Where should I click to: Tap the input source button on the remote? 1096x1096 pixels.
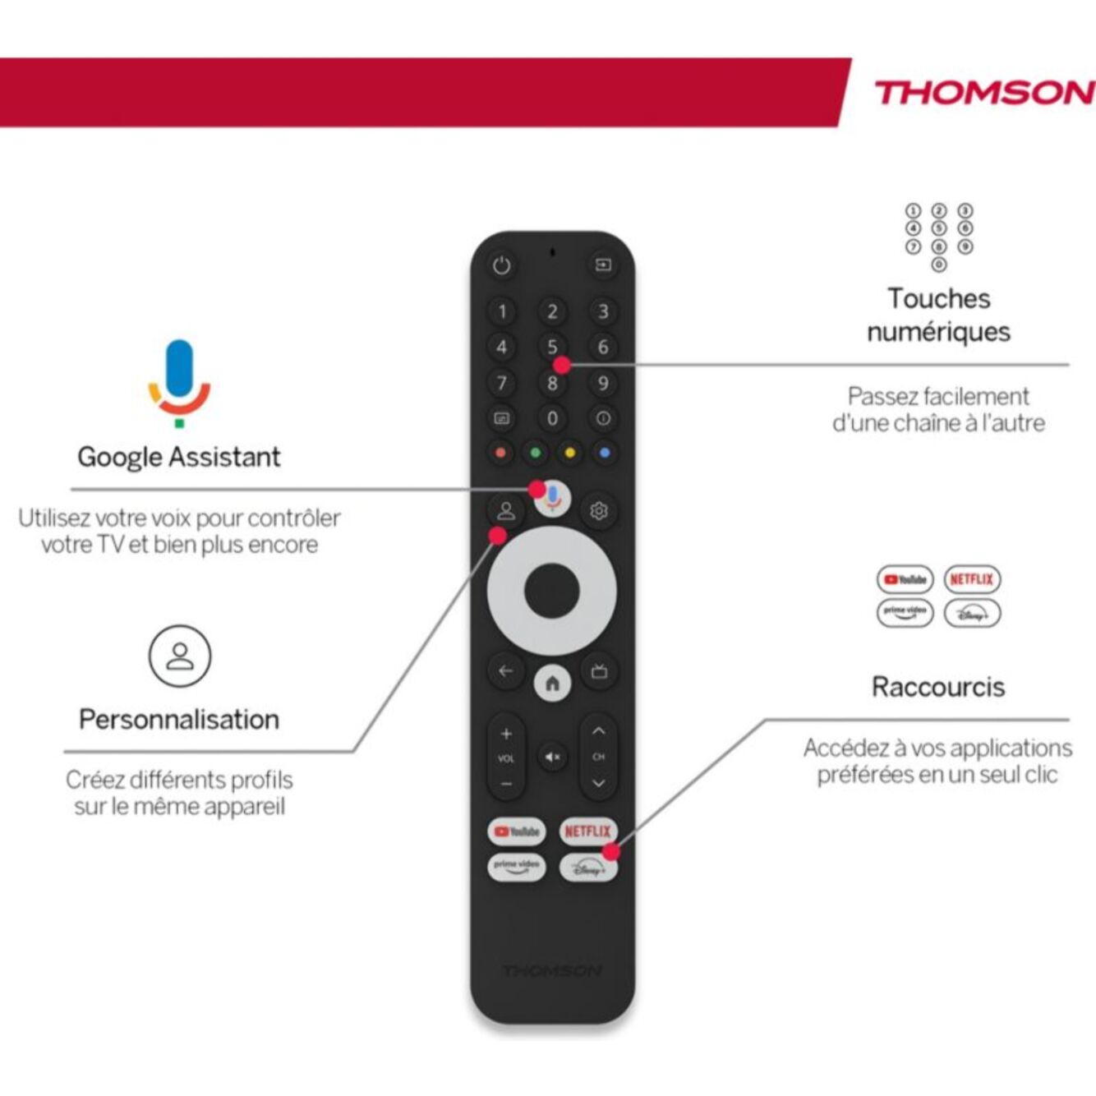point(603,265)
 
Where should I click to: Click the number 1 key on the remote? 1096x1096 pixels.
point(502,312)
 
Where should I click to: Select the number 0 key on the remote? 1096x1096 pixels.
point(552,419)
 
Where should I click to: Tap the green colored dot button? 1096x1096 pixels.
point(535,453)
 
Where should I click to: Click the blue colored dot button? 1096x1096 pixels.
point(605,453)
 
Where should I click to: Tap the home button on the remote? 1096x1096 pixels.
point(552,683)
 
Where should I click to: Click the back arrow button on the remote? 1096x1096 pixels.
point(505,671)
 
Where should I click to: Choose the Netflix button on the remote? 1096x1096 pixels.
point(587,831)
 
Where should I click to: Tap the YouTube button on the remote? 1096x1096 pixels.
point(516,831)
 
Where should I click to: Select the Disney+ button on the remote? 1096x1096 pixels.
point(587,868)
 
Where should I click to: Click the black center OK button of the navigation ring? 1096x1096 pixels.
point(552,591)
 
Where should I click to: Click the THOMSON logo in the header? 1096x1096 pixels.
point(983,93)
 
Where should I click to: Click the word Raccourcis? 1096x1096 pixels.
point(938,687)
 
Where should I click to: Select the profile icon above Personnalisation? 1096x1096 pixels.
point(180,656)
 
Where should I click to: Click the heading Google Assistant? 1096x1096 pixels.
point(179,457)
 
